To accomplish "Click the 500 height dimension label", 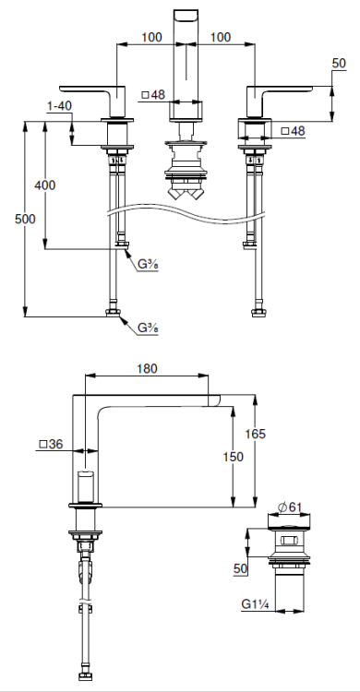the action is coord(25,219).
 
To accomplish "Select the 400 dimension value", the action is coord(45,185).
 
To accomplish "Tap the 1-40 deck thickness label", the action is coord(59,106).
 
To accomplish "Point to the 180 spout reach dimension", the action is coord(147,368).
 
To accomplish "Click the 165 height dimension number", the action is coord(256,434).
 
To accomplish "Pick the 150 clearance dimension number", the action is coord(234,457).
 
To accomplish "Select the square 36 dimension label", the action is coord(52,444).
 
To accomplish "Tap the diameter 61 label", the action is coord(290,507).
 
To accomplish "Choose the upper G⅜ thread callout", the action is coord(148,265).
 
